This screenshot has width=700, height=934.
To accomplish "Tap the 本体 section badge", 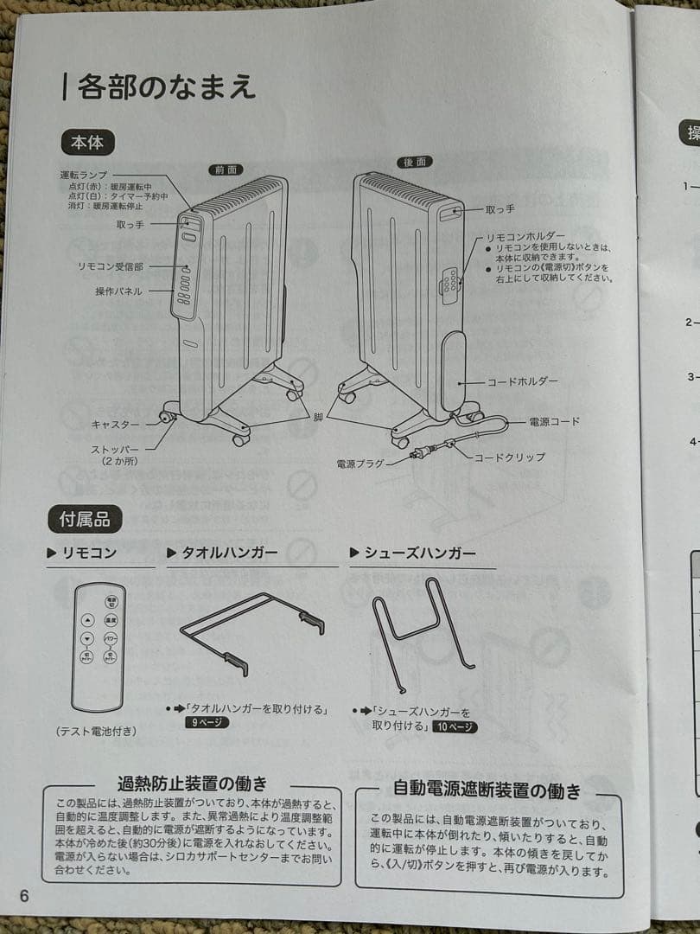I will click(87, 142).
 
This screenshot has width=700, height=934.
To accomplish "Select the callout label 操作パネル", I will click(118, 291).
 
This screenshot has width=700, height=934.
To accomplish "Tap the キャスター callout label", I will click(116, 425).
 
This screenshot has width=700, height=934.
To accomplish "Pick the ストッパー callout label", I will click(115, 455).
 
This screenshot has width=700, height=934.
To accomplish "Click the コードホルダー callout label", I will click(522, 381).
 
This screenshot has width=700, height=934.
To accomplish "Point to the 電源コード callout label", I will click(554, 421).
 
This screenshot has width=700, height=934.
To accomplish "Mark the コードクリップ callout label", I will click(509, 457).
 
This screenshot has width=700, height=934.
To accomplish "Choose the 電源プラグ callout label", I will click(360, 464).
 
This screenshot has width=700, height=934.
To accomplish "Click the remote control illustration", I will click(99, 647).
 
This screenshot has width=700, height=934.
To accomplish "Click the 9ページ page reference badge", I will click(207, 722).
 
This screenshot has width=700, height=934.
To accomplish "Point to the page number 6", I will click(23, 896).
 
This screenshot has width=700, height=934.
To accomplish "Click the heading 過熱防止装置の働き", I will click(191, 785).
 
